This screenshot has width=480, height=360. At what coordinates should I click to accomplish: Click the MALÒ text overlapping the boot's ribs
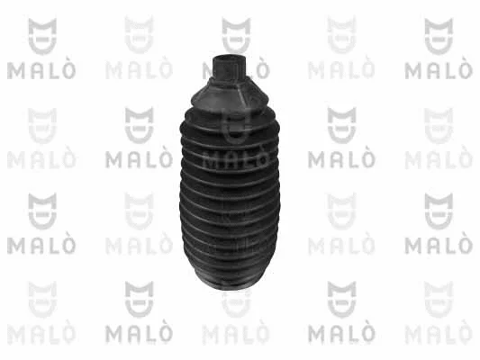coord(235,159)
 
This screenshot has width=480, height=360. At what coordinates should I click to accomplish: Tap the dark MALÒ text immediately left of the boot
coord(139,159)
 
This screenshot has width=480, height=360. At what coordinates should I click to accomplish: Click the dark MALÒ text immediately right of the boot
coord(340,159)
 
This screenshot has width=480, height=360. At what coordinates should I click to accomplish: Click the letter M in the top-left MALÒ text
coord(15,67)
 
